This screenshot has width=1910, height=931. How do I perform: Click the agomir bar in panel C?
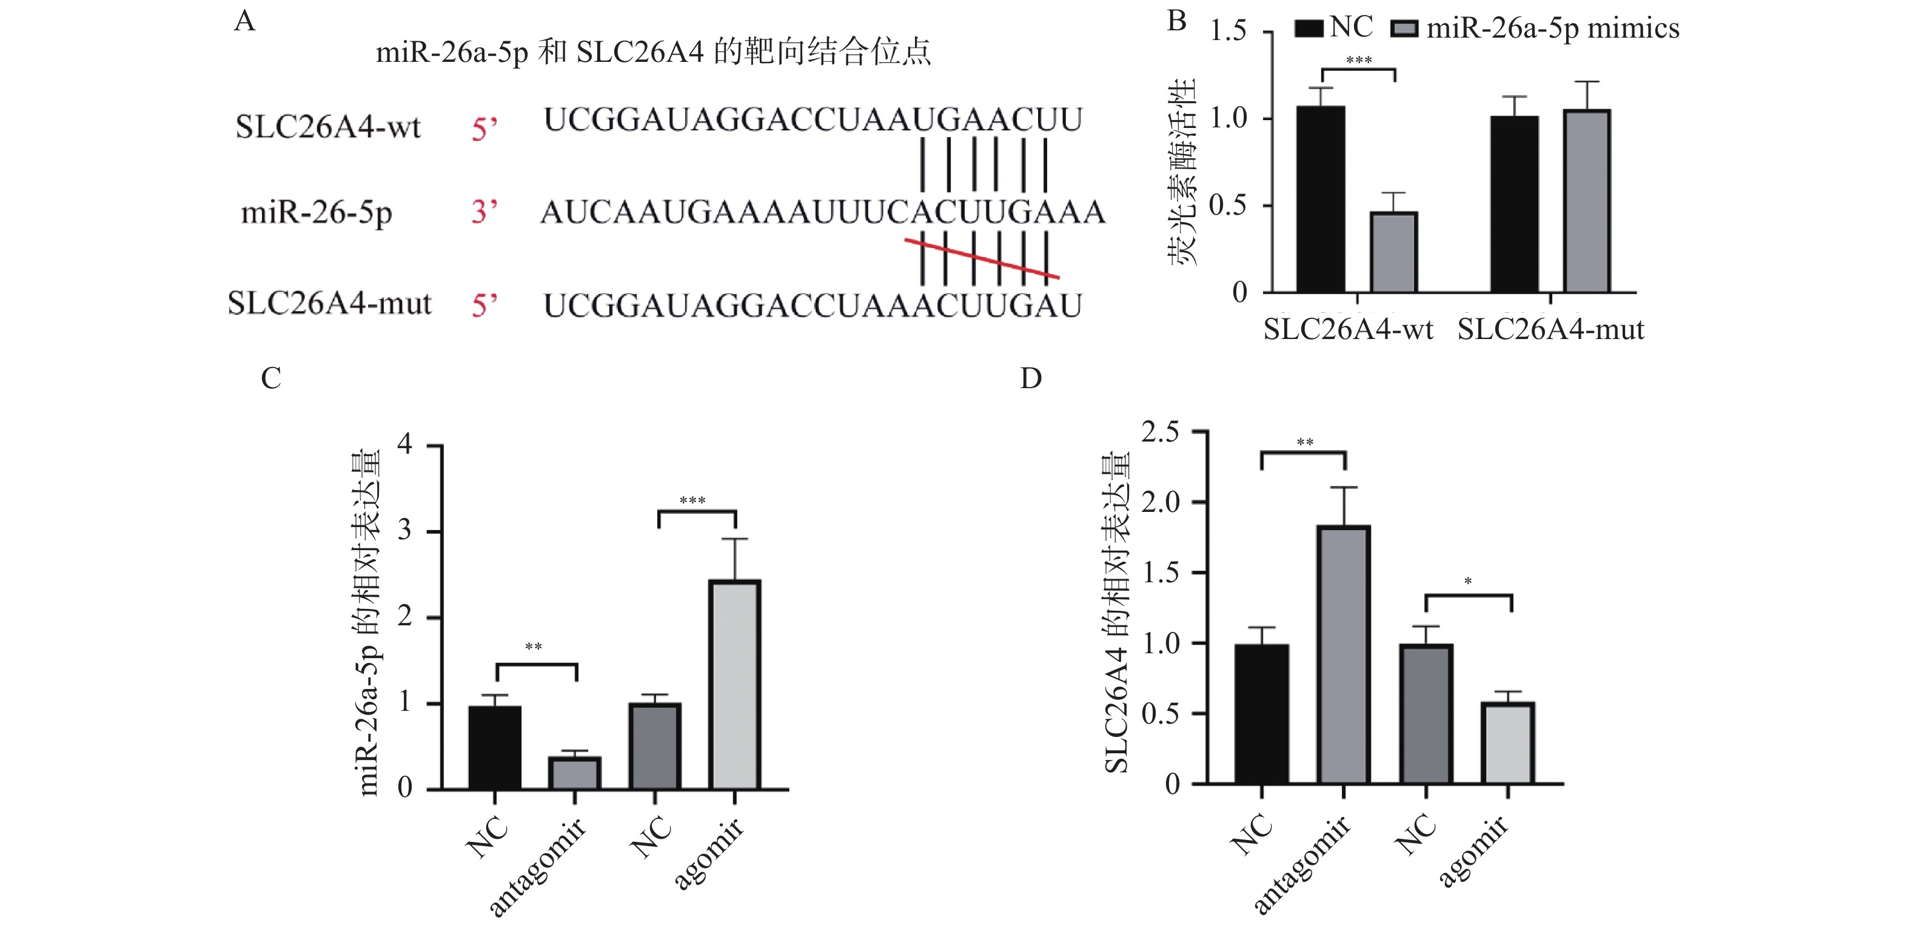tap(734, 684)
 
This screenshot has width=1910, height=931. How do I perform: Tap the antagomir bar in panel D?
tap(1344, 654)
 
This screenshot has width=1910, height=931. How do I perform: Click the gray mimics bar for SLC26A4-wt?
tap(1394, 252)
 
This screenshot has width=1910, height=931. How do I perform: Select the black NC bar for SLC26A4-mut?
tap(1515, 204)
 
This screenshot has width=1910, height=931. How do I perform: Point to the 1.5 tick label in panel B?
tap(1228, 31)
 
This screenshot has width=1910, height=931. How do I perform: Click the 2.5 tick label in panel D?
tap(1161, 432)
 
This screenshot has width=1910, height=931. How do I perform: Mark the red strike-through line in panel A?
tap(981, 259)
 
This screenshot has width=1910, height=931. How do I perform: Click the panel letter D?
tap(1031, 379)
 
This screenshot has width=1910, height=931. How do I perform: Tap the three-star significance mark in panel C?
tap(692, 501)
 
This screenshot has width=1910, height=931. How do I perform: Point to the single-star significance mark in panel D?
tap(1468, 582)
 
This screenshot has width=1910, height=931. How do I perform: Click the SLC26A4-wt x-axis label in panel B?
tap(1348, 329)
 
